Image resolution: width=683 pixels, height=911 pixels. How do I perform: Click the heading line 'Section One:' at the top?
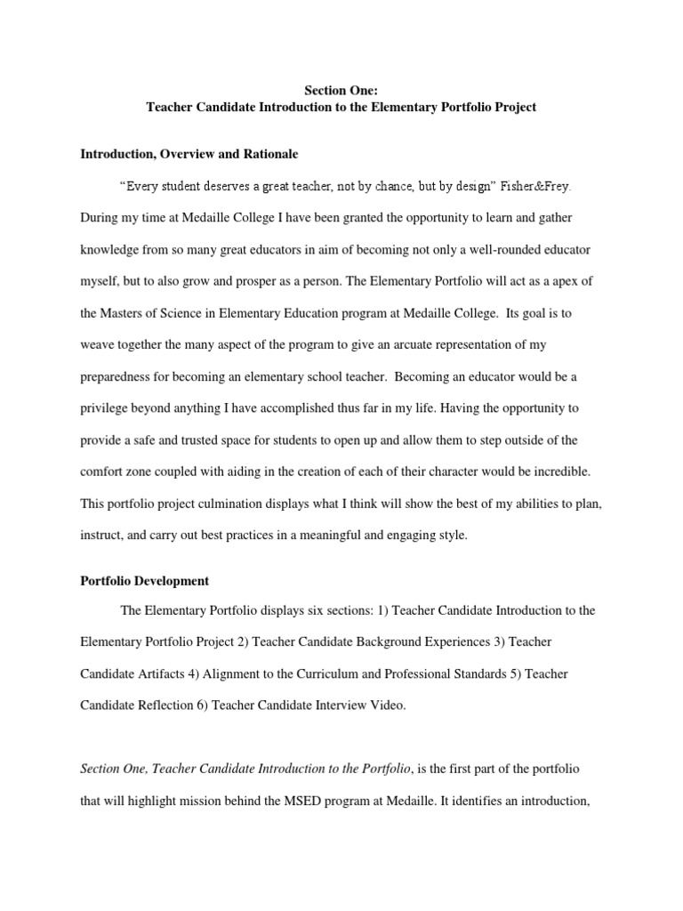point(341,89)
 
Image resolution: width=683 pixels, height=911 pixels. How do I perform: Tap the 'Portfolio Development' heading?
point(144,581)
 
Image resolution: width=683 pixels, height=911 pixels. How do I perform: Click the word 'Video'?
point(386,705)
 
